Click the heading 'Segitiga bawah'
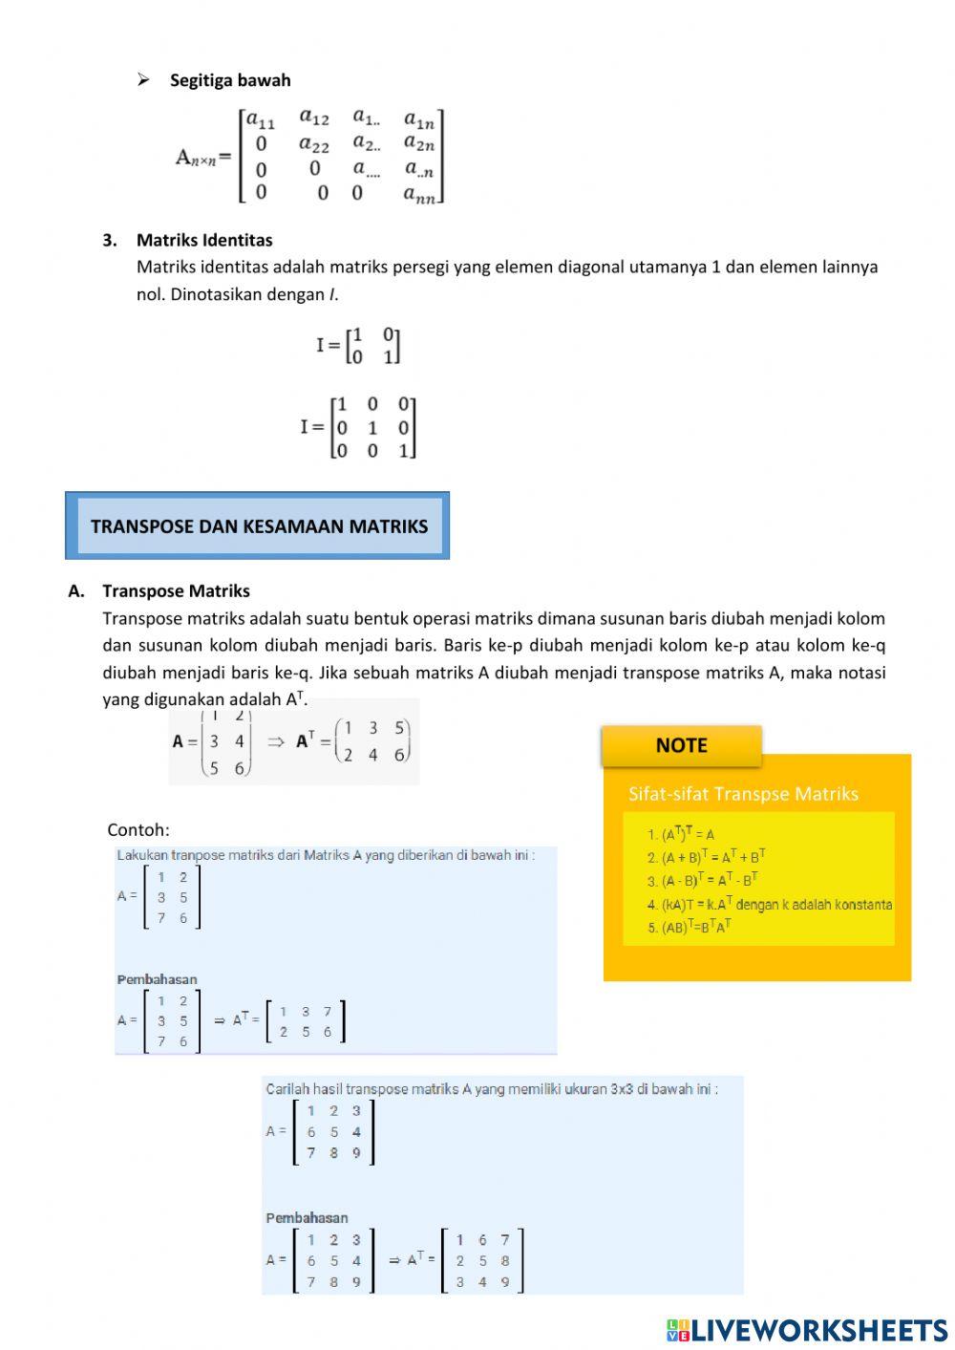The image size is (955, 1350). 230,80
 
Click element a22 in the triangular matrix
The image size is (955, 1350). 313,145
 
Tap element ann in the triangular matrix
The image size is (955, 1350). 419,194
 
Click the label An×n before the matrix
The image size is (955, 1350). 202,157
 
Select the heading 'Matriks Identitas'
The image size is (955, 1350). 204,240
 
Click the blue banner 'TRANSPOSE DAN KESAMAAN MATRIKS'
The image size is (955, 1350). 258,526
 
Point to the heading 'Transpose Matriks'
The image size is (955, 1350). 177,590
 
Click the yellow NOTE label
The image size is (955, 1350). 681,745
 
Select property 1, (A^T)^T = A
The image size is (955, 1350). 681,834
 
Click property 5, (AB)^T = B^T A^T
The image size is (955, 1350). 690,927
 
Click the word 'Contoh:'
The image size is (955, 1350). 138,829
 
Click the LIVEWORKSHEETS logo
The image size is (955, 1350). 807,1330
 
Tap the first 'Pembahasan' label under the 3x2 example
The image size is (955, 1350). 158,979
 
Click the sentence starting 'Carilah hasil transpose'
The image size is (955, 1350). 492,1089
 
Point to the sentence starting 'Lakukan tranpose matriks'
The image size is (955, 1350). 326,855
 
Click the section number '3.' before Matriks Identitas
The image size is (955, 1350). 110,240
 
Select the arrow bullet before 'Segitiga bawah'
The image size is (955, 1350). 143,80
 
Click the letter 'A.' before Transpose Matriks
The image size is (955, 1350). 76,590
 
